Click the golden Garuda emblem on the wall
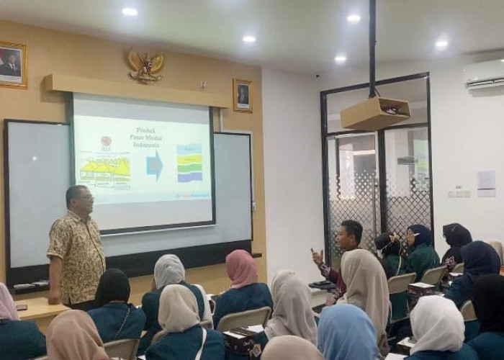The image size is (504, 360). [145, 65]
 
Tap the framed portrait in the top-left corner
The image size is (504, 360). [12, 65]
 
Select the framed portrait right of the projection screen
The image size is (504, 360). [243, 95]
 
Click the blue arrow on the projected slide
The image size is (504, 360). [155, 164]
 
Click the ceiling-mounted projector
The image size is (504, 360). [375, 112]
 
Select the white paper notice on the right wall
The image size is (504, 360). [486, 183]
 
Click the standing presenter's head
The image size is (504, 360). [78, 199]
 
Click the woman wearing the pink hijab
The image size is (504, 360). [241, 270]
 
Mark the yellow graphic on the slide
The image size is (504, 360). [105, 170]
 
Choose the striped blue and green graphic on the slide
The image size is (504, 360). [189, 163]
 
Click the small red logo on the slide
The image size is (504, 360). [106, 141]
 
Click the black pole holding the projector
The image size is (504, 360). [372, 48]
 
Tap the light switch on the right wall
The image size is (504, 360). [456, 193]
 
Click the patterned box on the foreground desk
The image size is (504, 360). [240, 338]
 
